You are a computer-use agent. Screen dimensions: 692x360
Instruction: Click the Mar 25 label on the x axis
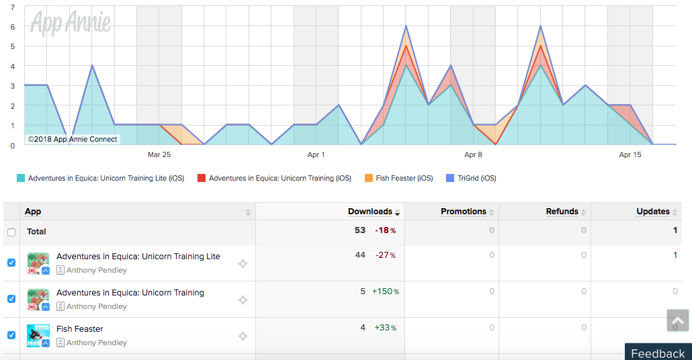click(159, 155)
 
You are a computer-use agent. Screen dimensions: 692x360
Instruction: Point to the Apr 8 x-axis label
click(473, 155)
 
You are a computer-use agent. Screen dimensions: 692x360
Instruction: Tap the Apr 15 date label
click(630, 155)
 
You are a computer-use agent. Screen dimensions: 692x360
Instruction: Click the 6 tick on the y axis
click(13, 27)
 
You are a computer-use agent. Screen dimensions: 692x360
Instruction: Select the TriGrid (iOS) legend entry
click(472, 178)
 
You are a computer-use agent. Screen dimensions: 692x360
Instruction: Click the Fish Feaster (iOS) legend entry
click(399, 178)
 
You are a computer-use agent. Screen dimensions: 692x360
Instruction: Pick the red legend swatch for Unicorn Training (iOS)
click(202, 178)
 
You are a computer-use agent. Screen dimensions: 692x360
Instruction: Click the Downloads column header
click(370, 212)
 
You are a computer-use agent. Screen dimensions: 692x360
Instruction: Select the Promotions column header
click(464, 212)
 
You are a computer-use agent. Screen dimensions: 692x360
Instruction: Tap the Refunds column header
click(562, 212)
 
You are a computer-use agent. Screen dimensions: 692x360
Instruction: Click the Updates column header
click(653, 212)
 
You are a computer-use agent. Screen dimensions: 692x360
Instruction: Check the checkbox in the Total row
click(11, 232)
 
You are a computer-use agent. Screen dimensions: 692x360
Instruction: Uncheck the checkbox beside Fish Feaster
click(11, 335)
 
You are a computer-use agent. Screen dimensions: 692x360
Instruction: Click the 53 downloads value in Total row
click(360, 230)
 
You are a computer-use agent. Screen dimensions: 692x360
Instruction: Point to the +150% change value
click(385, 291)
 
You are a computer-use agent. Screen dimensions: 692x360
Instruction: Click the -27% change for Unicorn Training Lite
click(385, 255)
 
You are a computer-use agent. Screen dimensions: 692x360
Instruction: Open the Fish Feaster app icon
click(38, 336)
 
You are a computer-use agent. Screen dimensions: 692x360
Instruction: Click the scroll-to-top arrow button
click(677, 320)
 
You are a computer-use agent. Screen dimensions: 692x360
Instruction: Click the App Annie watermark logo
click(71, 22)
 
